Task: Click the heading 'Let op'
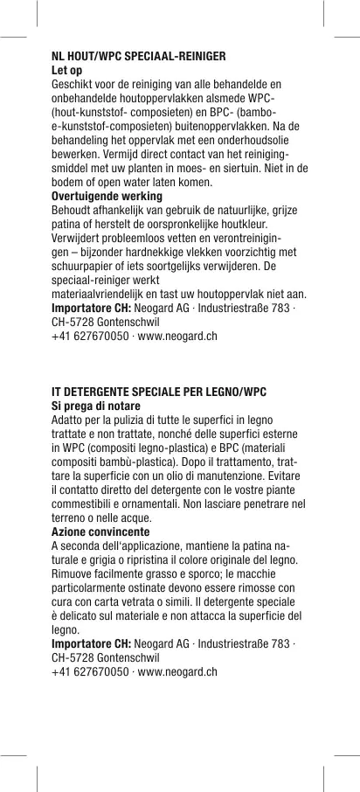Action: click(67, 68)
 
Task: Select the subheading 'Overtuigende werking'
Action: click(107, 197)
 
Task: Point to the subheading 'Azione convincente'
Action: click(100, 531)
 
